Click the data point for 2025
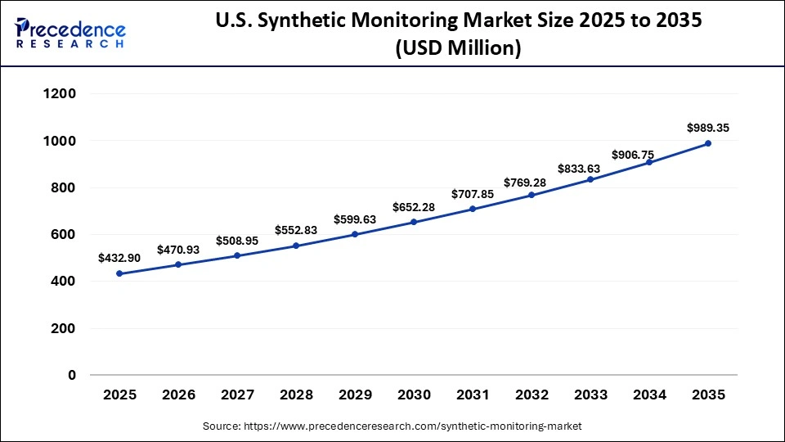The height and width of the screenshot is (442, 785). [x=119, y=273]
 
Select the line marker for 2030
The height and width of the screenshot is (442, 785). [x=414, y=222]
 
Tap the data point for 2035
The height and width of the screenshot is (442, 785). [x=708, y=143]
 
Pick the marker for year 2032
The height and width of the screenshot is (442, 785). [x=532, y=195]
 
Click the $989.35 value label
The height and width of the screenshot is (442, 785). [x=708, y=128]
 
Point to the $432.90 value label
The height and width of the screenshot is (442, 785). [x=119, y=258]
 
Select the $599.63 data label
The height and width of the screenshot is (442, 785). [x=355, y=219]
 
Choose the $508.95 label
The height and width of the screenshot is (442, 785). [x=237, y=241]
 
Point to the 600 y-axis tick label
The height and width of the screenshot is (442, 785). [x=63, y=235]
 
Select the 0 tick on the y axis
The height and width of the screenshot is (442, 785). [x=72, y=376]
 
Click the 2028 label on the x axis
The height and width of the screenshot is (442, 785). [x=296, y=395]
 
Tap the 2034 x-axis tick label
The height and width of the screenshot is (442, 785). [x=649, y=395]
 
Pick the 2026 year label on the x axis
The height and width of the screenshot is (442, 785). [x=178, y=395]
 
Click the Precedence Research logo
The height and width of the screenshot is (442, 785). [x=70, y=33]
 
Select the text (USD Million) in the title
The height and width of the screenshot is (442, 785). [x=458, y=49]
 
